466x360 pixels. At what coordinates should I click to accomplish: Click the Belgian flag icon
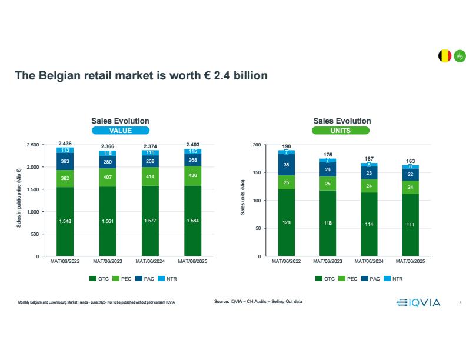(445, 56)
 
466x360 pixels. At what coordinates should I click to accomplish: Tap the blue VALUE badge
(120, 131)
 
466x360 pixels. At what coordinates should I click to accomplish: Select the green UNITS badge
(342, 131)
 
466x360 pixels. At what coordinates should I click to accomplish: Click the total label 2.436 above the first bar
(65, 143)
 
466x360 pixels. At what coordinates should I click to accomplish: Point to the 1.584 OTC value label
(193, 221)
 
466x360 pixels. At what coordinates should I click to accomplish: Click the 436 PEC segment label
(193, 176)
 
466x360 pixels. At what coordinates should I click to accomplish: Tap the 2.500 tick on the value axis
(33, 145)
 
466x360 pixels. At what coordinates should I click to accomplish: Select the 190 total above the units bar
(287, 146)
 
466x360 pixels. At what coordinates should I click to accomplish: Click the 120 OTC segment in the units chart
(287, 223)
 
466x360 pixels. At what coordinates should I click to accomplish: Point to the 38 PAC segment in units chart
(287, 165)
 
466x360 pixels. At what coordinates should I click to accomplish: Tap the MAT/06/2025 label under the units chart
(410, 261)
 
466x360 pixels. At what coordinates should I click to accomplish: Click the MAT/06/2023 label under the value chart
(108, 261)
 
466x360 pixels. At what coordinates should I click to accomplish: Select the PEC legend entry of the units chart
(348, 279)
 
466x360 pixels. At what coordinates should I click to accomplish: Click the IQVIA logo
(419, 303)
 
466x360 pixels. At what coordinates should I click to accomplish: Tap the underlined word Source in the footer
(221, 302)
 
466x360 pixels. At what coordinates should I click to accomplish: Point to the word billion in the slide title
(248, 76)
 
